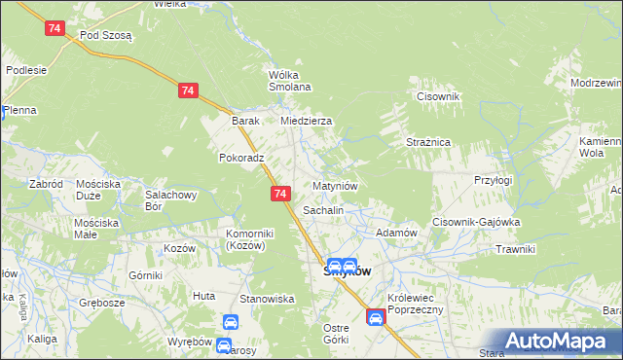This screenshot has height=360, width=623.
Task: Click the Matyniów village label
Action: pos(337,185)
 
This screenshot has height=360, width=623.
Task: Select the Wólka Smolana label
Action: pos(289,81)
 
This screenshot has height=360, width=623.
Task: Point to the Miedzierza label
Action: pos(307,121)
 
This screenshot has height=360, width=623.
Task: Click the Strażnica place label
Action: pos(427,141)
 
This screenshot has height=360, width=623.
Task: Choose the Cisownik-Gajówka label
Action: pos(477,221)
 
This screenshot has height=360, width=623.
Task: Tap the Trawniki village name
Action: pos(515,249)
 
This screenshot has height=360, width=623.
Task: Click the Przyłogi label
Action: pos(493,180)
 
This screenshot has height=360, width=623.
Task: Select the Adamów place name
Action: pos(396,234)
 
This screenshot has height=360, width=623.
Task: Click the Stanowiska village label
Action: pos(268,299)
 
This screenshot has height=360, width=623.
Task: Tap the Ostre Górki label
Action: pos(336,334)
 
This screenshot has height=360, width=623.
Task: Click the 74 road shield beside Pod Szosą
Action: pos(55,29)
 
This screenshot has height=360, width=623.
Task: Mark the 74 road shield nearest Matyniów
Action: pos(280,195)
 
